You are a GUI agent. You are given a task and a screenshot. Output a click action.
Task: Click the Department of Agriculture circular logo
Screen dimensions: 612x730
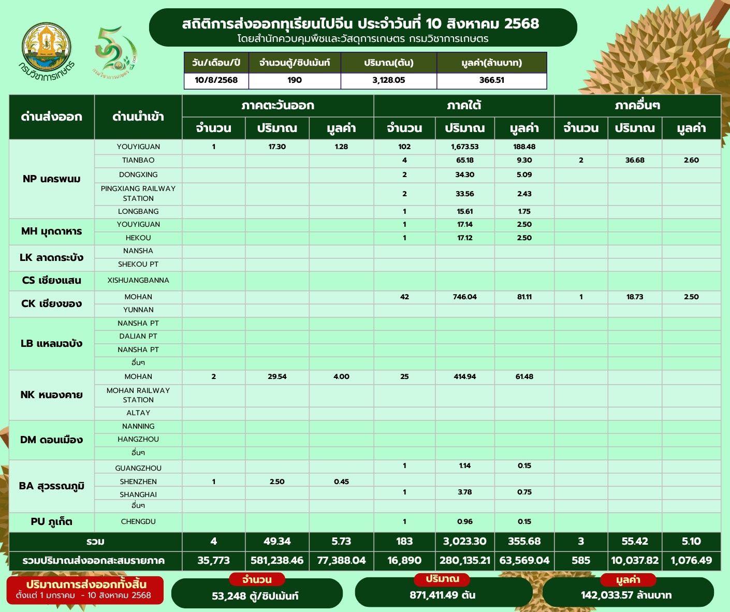tap(47, 46)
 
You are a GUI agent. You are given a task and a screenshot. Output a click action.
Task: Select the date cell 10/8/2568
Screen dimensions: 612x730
tap(216, 80)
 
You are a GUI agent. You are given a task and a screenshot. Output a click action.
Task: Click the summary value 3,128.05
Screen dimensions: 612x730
tap(388, 80)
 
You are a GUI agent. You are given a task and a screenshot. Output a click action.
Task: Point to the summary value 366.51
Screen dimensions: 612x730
tap(491, 80)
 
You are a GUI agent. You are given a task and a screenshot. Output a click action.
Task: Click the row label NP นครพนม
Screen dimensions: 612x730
tap(52, 179)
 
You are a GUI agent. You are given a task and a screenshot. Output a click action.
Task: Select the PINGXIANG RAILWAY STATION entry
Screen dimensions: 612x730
tap(138, 193)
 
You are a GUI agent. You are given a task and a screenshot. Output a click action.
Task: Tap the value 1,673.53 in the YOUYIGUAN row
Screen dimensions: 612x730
tap(464, 147)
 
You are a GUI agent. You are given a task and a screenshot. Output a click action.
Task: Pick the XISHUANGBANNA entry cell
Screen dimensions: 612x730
tap(138, 281)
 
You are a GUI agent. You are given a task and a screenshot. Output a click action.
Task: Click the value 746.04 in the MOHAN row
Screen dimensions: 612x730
tap(464, 297)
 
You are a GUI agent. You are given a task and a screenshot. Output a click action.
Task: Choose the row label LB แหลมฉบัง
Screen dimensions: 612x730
tap(52, 343)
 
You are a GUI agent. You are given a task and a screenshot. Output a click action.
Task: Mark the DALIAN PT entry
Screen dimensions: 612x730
tap(138, 336)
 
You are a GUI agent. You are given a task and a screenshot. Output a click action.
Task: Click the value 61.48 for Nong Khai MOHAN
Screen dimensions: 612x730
tap(524, 376)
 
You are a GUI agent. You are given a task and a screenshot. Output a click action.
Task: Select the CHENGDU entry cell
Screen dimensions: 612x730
tap(138, 521)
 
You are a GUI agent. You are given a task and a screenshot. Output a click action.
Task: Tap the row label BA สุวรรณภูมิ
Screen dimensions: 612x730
tap(52, 486)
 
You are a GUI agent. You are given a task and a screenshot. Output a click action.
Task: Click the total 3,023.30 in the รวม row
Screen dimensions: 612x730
tap(464, 542)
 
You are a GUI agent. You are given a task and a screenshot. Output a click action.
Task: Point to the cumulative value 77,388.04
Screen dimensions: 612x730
tap(341, 560)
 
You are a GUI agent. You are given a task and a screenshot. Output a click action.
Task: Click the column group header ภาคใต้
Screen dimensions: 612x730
tap(464, 106)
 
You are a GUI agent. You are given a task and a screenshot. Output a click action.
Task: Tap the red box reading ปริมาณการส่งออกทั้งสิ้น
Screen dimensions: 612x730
tap(85, 590)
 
